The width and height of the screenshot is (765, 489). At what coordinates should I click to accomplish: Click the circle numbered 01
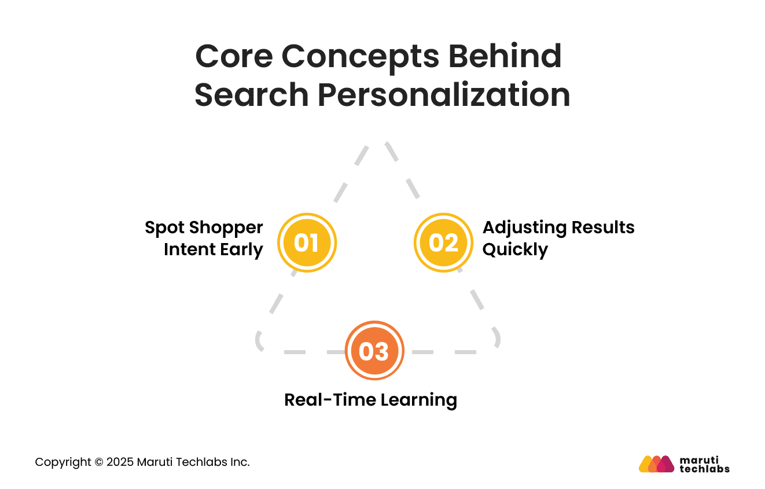307,242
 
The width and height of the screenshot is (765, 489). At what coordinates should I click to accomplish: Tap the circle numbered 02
443,242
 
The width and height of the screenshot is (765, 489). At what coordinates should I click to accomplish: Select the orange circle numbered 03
374,351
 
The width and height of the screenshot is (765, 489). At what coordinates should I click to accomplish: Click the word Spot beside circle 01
164,227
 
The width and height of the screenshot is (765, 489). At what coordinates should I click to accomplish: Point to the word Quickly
515,250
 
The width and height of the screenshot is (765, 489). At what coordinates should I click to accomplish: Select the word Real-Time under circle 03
322,399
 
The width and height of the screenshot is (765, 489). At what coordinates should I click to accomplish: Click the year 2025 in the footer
120,462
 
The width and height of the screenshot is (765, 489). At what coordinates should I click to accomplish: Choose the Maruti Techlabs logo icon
656,464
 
